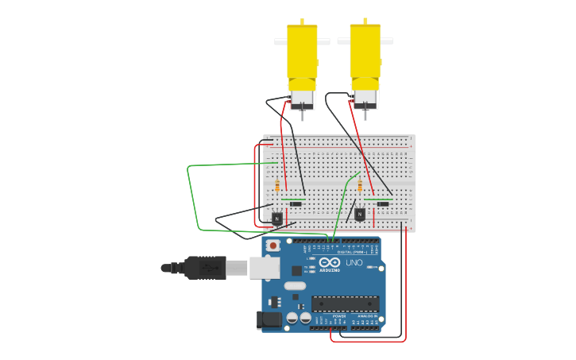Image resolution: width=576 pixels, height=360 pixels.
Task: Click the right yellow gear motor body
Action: (x=365, y=52)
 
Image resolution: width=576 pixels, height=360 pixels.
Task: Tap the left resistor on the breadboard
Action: (x=277, y=187)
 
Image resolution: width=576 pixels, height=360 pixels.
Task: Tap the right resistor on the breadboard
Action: (x=360, y=186)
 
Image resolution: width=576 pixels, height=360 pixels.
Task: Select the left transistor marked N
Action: (x=276, y=218)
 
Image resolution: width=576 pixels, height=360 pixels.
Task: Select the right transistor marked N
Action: (x=360, y=214)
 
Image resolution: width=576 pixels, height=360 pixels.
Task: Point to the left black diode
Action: (x=296, y=204)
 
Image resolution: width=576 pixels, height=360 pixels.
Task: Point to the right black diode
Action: (x=383, y=204)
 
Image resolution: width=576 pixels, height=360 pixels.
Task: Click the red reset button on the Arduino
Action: (x=273, y=246)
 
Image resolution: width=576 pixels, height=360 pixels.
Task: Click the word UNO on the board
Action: (x=354, y=263)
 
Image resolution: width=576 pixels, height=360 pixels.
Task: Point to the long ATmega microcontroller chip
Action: (x=345, y=303)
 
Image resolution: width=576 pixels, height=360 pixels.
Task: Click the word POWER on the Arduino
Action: (x=339, y=316)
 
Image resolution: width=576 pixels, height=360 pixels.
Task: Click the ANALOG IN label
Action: (x=366, y=316)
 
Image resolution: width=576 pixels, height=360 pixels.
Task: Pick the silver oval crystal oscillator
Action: (x=295, y=286)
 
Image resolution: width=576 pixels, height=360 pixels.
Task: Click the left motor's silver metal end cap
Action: (x=302, y=99)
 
